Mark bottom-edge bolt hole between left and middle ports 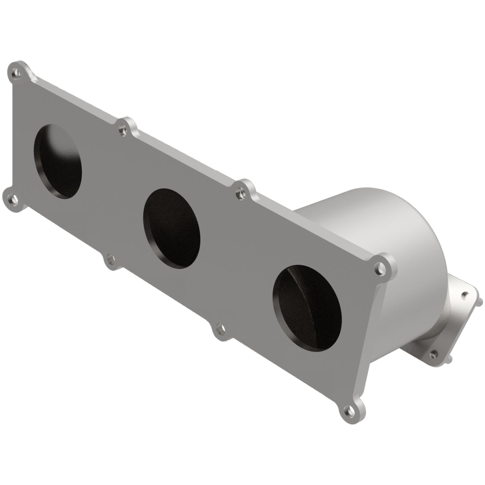pos(110,259)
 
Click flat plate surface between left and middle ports pos(111,188)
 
